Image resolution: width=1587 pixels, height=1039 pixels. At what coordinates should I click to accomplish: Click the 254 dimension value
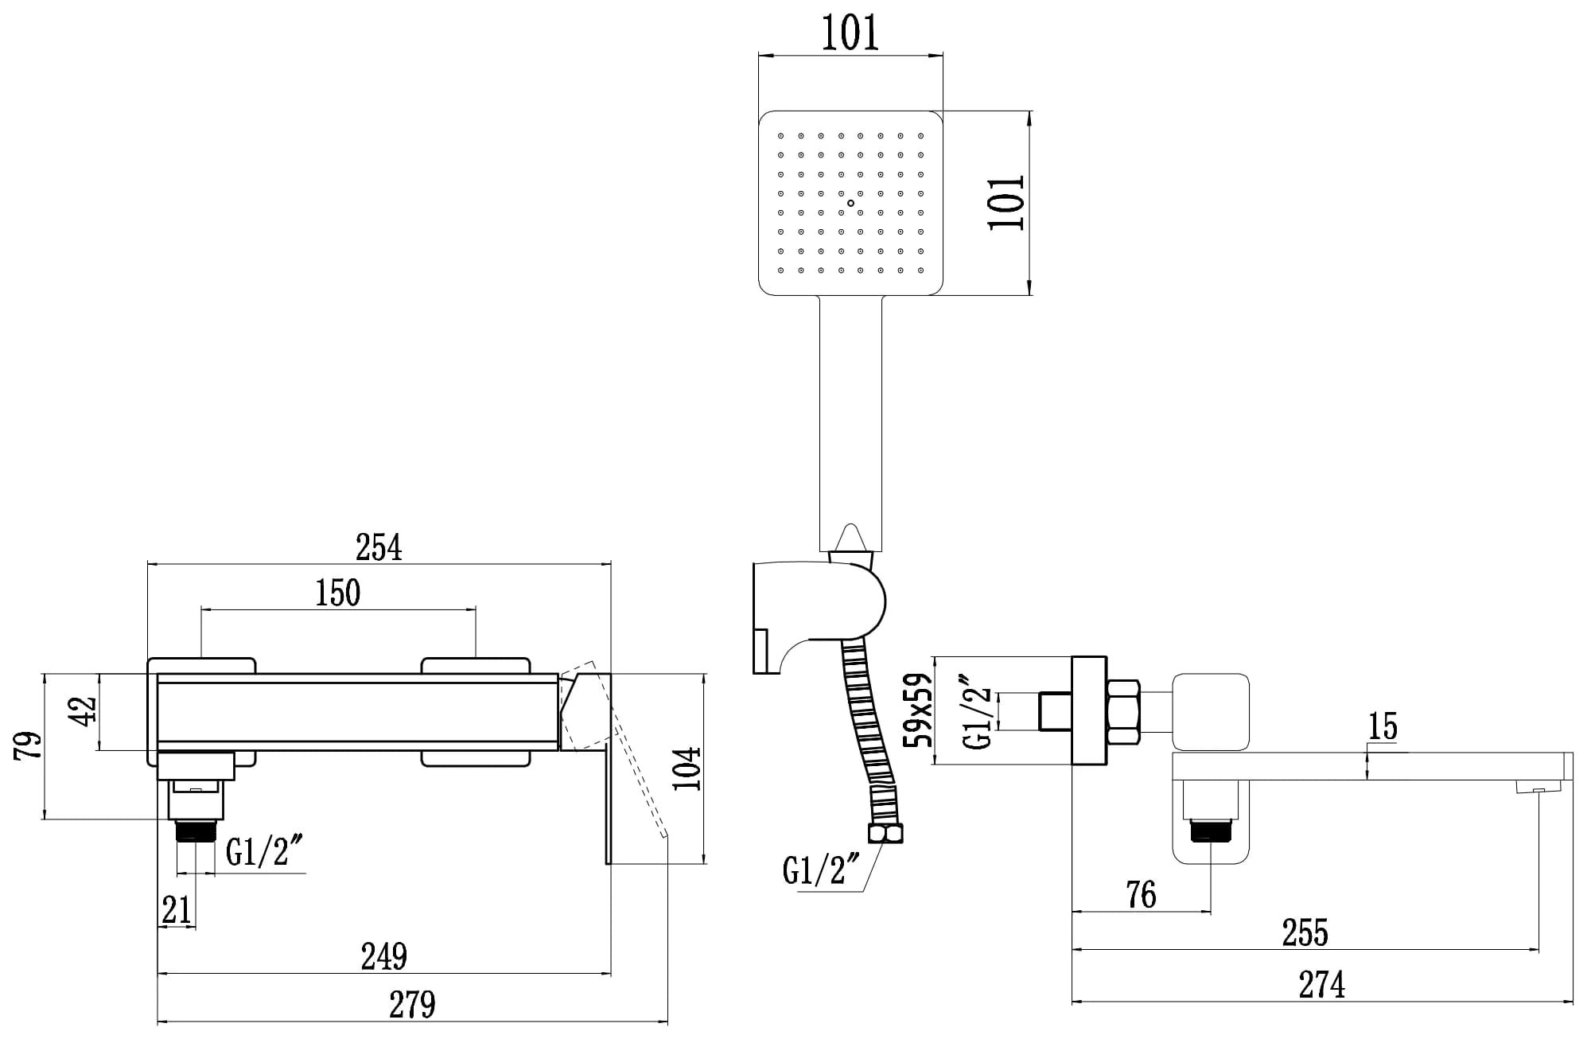coord(379,548)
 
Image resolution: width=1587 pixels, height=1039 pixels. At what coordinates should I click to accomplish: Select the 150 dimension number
coord(338,593)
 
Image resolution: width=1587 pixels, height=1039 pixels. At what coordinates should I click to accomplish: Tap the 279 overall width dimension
coord(412,1005)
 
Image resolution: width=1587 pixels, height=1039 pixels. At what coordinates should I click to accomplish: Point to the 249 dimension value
coord(384,956)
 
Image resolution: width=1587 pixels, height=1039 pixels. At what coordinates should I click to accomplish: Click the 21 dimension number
coord(177,910)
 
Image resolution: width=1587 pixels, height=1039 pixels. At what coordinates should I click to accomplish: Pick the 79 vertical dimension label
coord(29,745)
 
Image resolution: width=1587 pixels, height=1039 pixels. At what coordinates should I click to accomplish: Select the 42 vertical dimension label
coord(83,710)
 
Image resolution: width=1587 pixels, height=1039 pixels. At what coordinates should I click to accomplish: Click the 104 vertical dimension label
coord(687,769)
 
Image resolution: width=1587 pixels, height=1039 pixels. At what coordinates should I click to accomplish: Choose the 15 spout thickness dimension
coord(1383,726)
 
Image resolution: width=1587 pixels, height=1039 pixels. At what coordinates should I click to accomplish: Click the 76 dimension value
coord(1142,895)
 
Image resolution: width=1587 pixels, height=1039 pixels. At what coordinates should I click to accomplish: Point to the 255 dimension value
coord(1305,933)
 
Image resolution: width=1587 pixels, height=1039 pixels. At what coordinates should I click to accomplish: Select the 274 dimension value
coord(1322,985)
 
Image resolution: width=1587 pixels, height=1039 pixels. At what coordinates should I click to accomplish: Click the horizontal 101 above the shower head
coord(850,33)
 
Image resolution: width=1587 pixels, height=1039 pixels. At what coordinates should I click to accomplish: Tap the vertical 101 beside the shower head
coord(1007,203)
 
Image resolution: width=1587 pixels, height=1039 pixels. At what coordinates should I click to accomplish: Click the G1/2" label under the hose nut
coord(822,870)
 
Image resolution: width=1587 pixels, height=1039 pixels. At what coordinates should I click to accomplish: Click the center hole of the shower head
coord(850,203)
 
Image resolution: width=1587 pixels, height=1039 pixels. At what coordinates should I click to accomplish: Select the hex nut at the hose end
coord(885,833)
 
